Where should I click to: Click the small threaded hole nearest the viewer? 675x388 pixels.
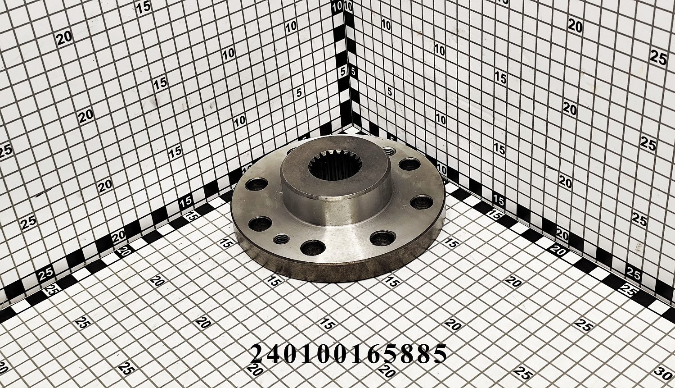[x=281, y=239]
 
